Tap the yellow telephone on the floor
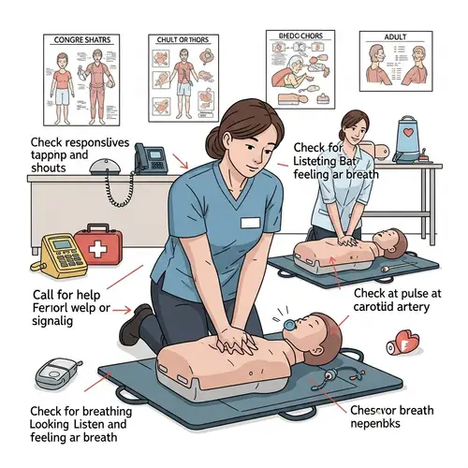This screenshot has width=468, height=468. (63, 252)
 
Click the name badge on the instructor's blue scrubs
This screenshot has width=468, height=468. (249, 222)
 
